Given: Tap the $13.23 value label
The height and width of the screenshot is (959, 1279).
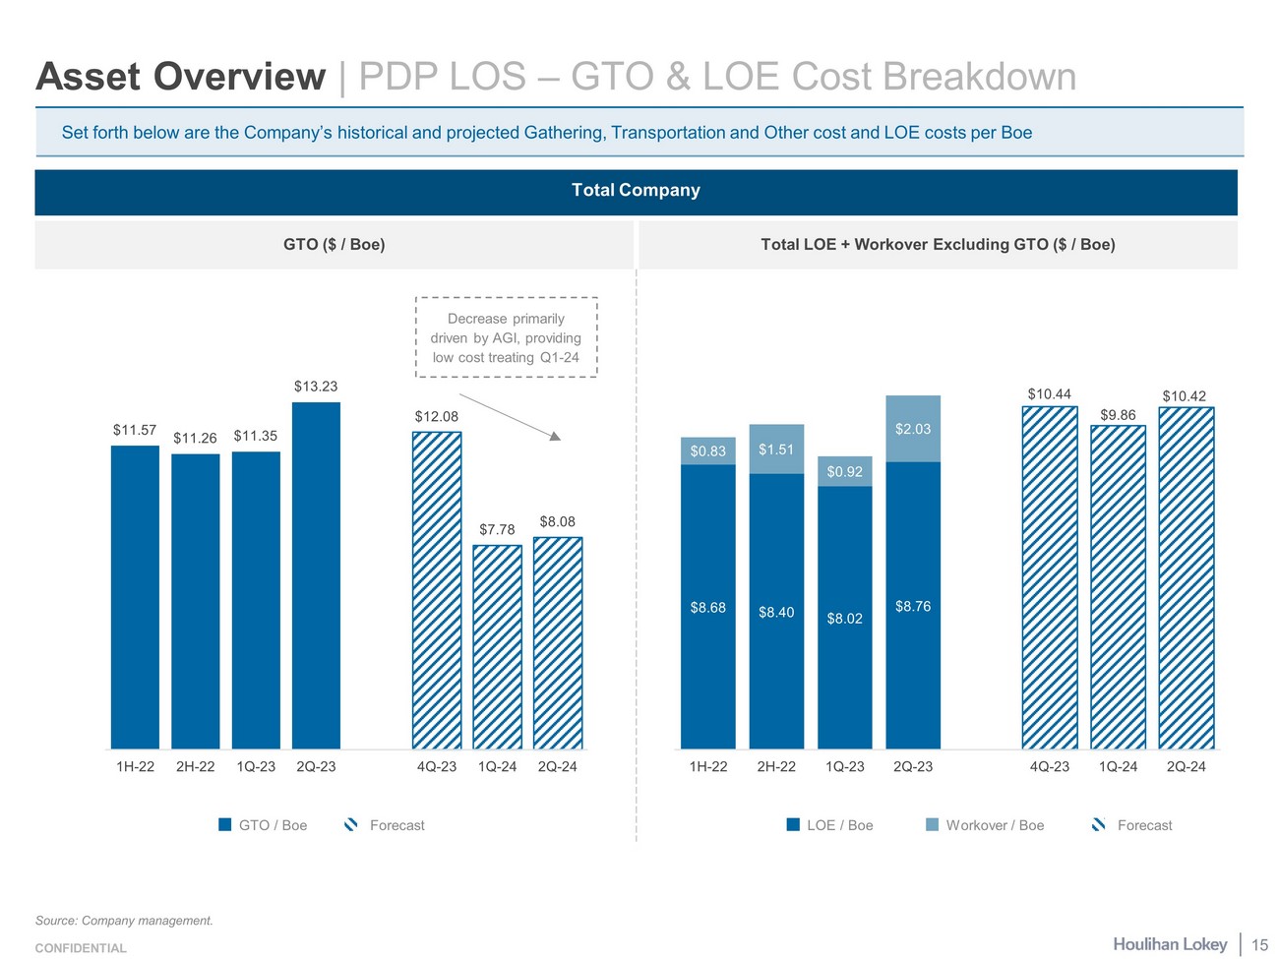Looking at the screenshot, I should coord(316,387).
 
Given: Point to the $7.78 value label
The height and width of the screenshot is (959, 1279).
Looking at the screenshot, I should coord(497,529).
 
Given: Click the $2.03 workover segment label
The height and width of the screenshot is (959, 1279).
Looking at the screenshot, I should coord(913,429).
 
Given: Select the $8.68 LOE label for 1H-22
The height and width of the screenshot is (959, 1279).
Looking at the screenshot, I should coord(707,608).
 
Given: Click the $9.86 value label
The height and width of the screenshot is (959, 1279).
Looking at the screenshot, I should coord(1118,415).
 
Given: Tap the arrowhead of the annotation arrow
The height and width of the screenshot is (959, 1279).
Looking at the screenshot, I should coord(555,436).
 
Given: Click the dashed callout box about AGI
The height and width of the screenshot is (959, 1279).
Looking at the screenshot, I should coord(506,337).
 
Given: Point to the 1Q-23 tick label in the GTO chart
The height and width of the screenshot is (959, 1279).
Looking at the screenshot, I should coord(256,766).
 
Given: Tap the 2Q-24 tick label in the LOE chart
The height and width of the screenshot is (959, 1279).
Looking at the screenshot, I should coord(1186,766).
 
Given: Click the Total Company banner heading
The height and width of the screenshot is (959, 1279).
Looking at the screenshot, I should coord(636,190).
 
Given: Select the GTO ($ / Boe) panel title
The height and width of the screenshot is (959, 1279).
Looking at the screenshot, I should coord(334,244).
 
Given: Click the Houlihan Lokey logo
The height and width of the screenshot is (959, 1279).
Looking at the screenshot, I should coord(1170,944).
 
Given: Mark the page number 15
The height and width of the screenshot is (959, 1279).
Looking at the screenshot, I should coord(1259,945).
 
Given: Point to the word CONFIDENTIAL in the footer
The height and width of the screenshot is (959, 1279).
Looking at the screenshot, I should coord(81,948).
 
